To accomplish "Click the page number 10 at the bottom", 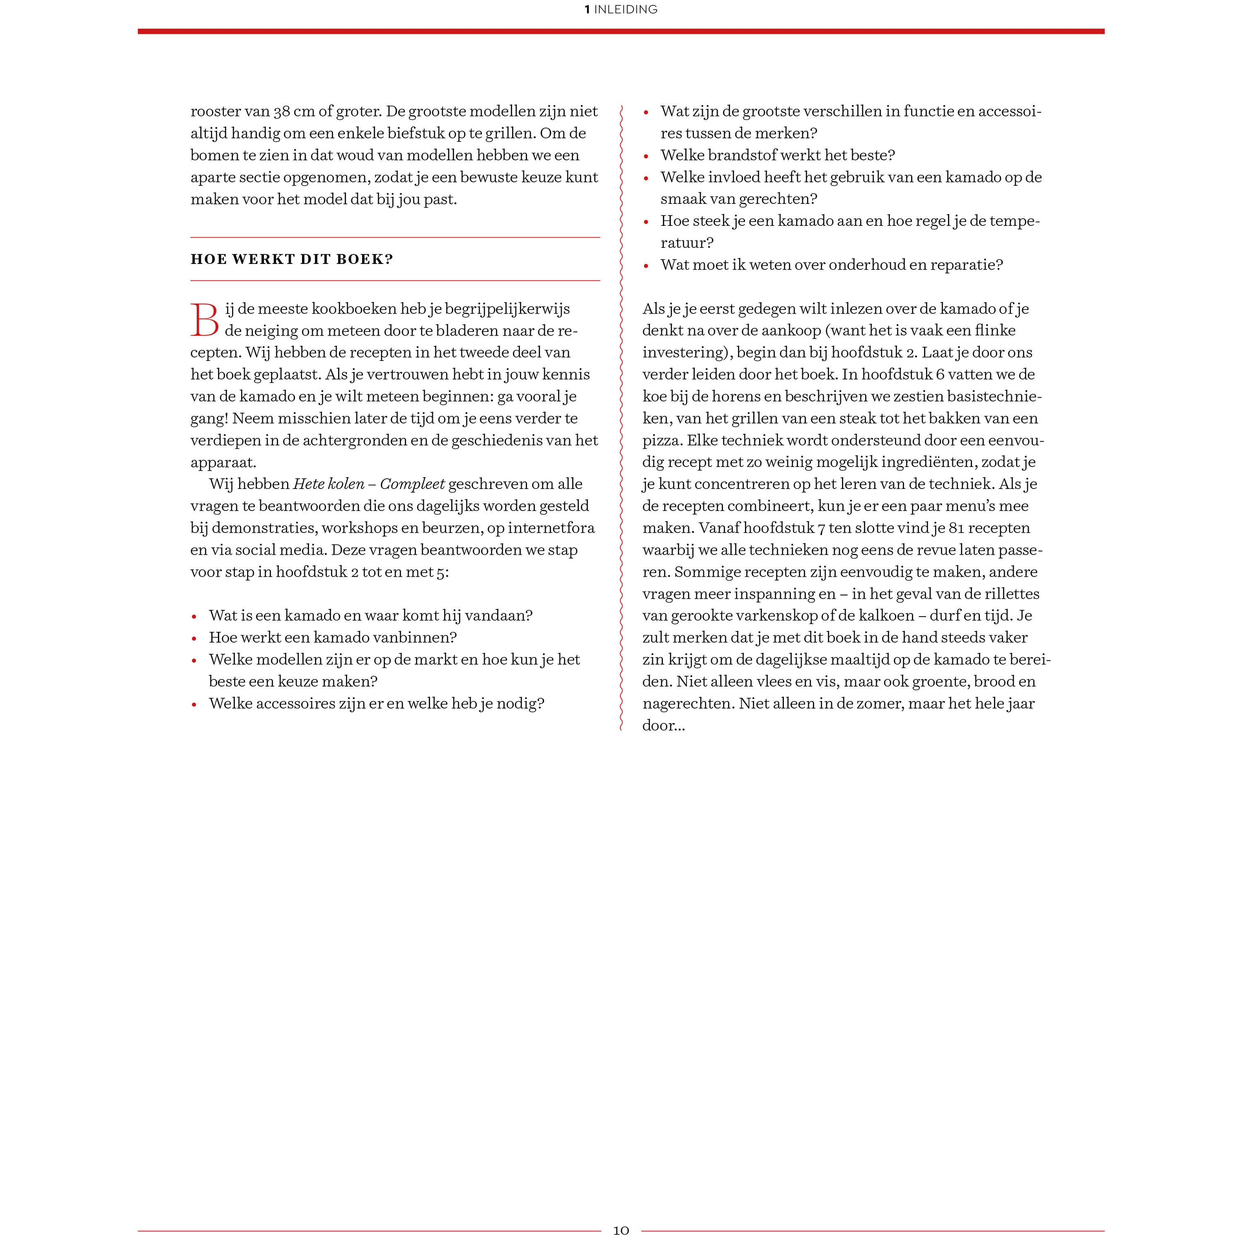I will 621,1230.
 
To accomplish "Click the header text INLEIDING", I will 625,10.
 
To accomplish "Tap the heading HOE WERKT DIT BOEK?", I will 291,259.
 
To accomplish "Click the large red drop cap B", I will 205,320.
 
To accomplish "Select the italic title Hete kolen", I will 329,484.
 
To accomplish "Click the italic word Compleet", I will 412,484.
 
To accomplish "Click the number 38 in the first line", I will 282,111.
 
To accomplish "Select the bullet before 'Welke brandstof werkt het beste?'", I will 646,156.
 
